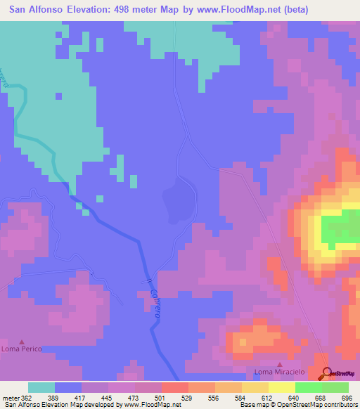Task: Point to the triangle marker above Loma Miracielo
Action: point(280,364)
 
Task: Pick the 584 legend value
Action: point(220,397)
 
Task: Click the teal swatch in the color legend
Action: point(41,387)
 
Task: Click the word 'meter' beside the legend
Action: point(13,397)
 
